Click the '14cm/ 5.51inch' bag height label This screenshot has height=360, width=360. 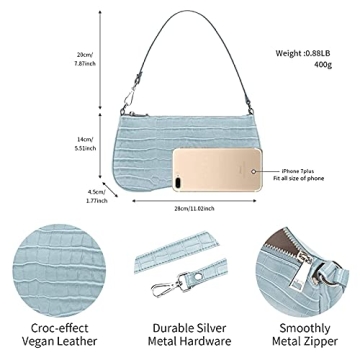coord(85,143)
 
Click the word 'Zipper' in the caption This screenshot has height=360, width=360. coord(328,346)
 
